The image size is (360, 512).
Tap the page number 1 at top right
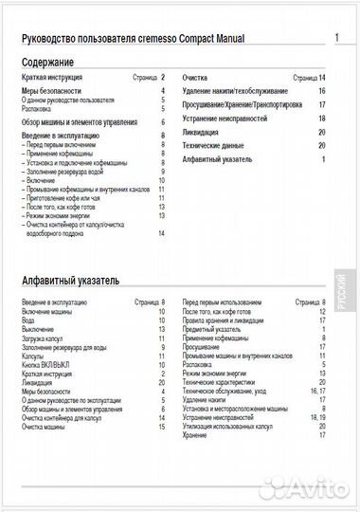[337, 38]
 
